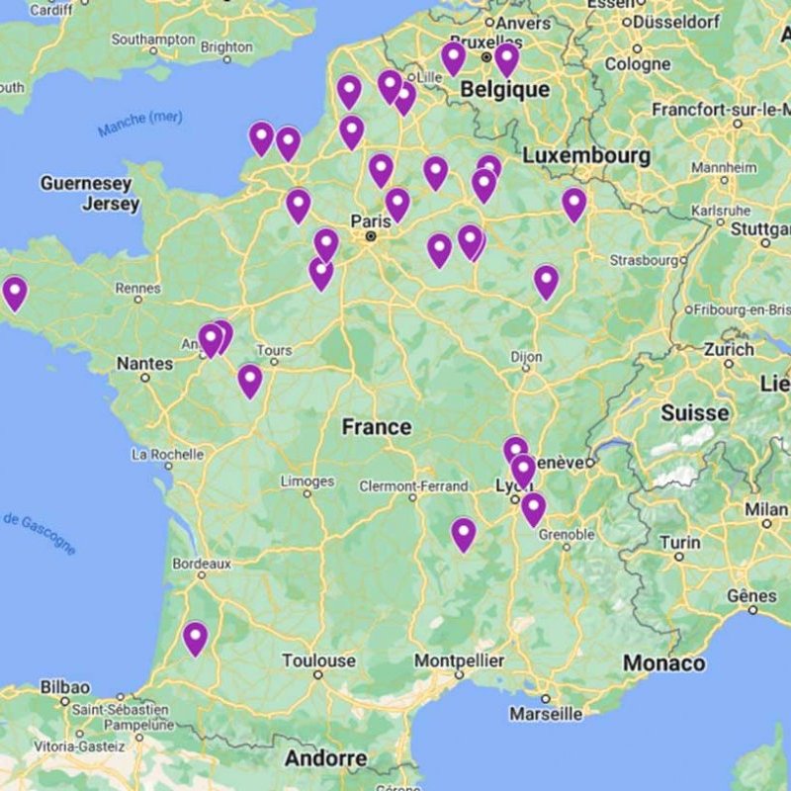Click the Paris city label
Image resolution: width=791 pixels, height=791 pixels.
tap(370, 220)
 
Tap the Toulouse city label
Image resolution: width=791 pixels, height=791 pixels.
tap(318, 660)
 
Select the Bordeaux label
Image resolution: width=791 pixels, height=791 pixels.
tap(202, 564)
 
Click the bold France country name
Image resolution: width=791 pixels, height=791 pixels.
tap(376, 427)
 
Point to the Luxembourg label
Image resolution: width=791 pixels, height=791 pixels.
tap(586, 156)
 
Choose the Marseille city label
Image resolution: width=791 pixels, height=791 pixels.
tap(547, 713)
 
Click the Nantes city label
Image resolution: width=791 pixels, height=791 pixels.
tap(144, 364)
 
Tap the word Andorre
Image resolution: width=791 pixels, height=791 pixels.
tap(325, 759)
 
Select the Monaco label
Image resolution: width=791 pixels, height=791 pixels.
tap(663, 663)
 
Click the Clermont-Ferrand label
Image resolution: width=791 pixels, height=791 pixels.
tap(413, 486)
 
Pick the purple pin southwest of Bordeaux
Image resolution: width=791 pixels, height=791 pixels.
tap(196, 637)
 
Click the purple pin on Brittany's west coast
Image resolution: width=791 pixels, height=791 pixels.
tap(15, 292)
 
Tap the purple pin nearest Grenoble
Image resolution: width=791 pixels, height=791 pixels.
tap(533, 508)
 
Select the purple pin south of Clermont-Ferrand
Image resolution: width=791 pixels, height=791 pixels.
tap(464, 533)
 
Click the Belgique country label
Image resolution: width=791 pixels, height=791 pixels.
tap(504, 90)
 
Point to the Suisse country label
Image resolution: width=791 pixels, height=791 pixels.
tap(694, 412)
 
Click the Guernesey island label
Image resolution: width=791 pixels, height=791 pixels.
tap(85, 184)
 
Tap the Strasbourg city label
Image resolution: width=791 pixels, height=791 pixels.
tap(643, 260)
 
